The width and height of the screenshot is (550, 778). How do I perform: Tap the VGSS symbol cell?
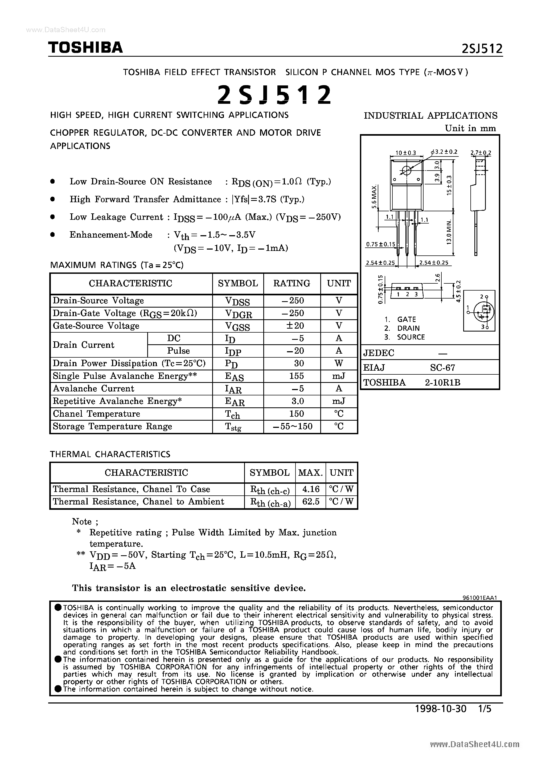pos(237,326)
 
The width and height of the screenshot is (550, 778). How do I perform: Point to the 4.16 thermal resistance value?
pos(310,489)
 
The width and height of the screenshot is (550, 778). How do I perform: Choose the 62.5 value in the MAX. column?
pos(310,502)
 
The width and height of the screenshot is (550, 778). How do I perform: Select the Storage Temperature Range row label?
pos(112,426)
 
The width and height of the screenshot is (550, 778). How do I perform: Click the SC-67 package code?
pos(442,368)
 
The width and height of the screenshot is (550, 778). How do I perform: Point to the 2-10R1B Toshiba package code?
pos(442,383)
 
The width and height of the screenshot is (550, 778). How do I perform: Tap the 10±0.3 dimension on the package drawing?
pos(406,153)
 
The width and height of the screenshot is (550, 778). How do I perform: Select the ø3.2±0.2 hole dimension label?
pos(445,152)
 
